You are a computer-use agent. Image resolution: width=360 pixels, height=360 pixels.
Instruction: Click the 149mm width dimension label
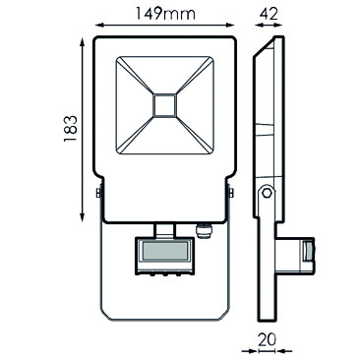point(165,14)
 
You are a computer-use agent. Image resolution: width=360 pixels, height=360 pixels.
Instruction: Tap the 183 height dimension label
point(71,128)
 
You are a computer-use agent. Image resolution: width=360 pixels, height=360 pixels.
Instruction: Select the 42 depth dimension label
point(269,14)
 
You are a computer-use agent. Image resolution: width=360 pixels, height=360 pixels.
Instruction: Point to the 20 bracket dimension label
point(267,339)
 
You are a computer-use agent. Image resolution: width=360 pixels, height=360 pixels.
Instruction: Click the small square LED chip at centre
point(165,105)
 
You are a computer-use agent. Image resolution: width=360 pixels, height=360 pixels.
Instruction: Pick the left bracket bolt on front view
point(98,193)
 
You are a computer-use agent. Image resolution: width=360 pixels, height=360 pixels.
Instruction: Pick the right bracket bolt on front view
point(231,193)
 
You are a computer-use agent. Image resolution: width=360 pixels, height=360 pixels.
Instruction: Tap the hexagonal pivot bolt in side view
point(268,193)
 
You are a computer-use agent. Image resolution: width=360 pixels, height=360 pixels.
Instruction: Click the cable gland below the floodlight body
point(204,230)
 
